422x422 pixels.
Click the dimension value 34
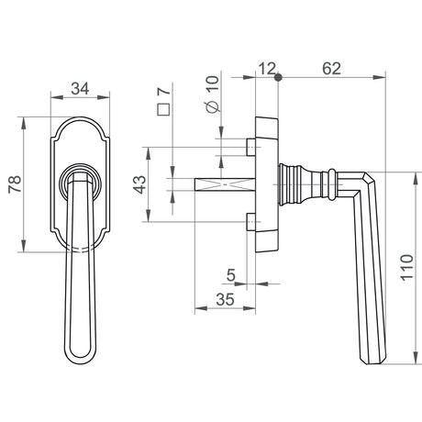click(80, 89)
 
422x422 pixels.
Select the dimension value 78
click(15, 184)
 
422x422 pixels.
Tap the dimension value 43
click(140, 184)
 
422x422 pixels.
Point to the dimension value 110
click(406, 267)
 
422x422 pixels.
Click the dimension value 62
click(331, 69)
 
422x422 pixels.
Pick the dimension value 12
click(267, 69)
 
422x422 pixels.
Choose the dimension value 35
click(225, 299)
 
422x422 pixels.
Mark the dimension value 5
click(231, 275)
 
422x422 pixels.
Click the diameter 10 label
click(213, 94)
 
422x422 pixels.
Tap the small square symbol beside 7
click(163, 109)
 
